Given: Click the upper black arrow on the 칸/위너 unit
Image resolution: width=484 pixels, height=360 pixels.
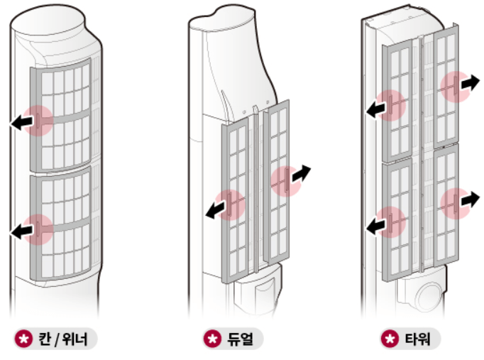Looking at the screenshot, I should click(x=22, y=122).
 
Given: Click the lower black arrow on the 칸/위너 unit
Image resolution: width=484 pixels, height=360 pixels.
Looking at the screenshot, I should click(x=22, y=231).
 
